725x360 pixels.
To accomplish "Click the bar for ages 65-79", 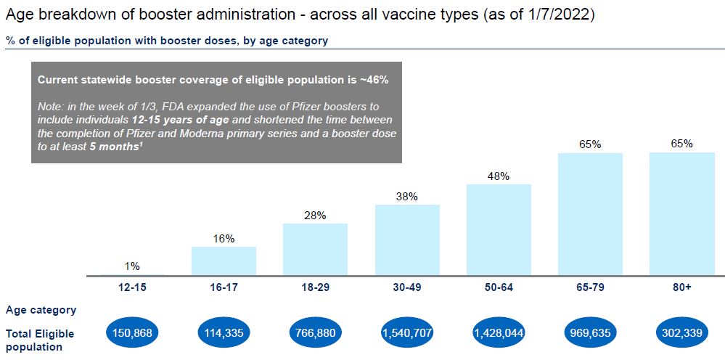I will point(590,214).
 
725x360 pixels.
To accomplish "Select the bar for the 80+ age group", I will point(682,214).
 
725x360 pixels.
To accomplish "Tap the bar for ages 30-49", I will point(407,240).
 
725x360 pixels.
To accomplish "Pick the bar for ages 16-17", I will point(224,261).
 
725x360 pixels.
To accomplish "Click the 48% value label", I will point(499,176).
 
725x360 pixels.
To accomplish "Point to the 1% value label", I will point(132,266).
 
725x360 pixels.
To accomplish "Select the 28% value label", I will point(315,215).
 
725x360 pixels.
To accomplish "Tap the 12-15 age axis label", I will point(132,287).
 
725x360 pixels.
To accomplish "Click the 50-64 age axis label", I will point(499,287).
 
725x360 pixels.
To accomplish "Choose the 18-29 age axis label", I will point(315,287).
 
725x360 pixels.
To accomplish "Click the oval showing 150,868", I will point(132,333).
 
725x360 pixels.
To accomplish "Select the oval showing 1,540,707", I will point(407,333).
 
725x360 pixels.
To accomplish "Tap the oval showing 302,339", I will point(682,333).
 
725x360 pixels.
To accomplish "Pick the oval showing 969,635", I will point(590,333).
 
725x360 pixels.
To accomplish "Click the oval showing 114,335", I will point(224,333).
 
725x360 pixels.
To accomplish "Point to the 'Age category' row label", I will point(41,310).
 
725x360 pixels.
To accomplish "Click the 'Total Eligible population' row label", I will point(40,340).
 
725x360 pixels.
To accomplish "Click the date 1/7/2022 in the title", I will point(561,15).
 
